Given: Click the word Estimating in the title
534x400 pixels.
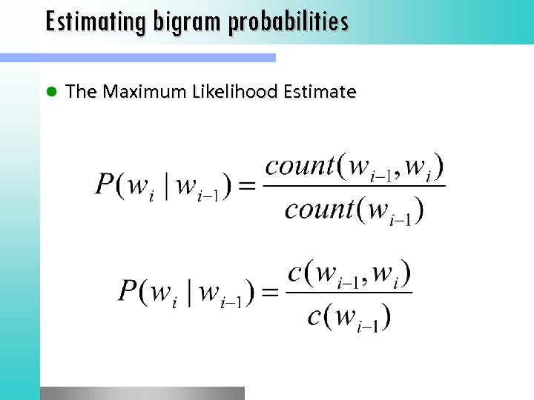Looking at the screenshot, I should (96, 21).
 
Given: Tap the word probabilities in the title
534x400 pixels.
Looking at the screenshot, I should (289, 21).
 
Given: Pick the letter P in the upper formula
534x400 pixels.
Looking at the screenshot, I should (105, 184).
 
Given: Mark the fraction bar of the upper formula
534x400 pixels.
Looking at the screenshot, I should (355, 186).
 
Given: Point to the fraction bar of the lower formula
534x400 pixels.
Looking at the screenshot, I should (349, 292).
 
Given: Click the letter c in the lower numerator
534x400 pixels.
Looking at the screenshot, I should (294, 273).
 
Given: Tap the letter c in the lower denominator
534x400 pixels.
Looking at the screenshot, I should (314, 316).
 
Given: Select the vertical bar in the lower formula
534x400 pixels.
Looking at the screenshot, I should (191, 291).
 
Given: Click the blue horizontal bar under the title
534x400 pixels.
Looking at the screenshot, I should (137, 57).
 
